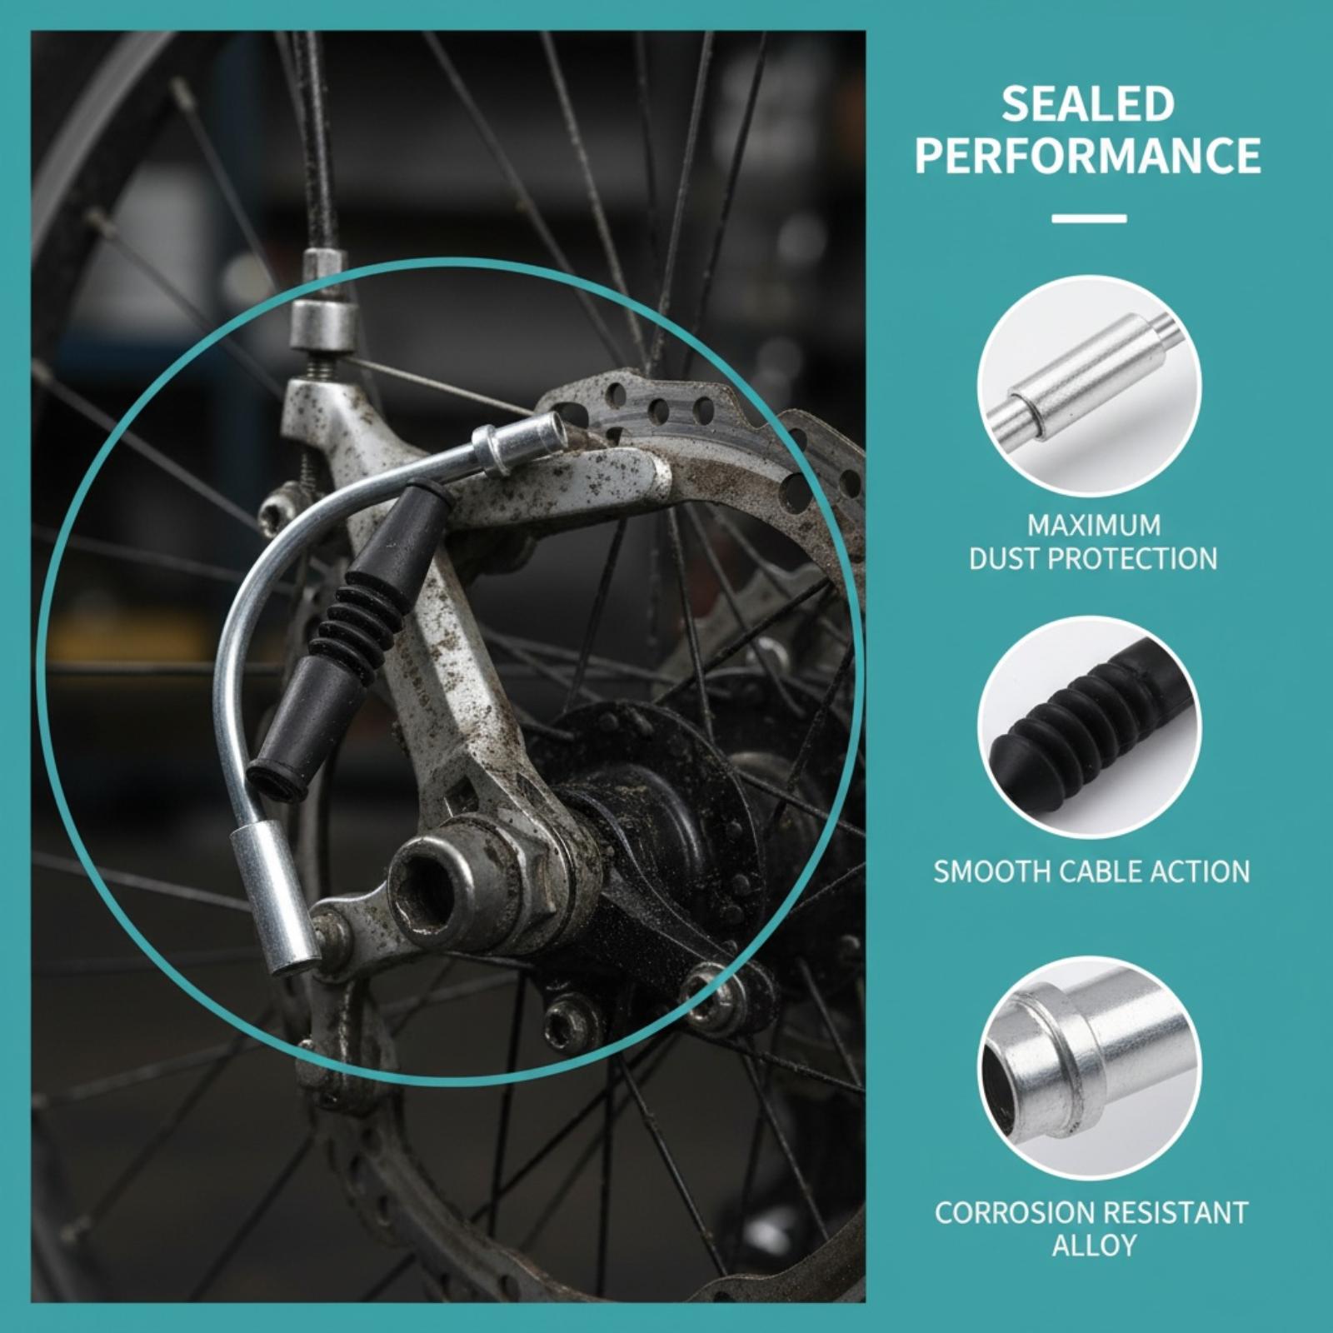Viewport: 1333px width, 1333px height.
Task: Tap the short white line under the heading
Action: click(1089, 218)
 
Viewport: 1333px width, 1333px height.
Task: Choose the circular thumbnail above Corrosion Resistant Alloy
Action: click(1089, 1069)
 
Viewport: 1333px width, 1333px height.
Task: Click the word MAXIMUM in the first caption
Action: click(1093, 526)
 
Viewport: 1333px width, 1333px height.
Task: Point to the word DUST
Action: click(1004, 558)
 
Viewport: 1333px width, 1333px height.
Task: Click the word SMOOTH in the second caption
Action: click(992, 871)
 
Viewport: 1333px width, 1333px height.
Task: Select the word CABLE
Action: click(1101, 871)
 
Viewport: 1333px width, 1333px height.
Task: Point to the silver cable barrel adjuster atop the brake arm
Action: click(321, 324)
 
